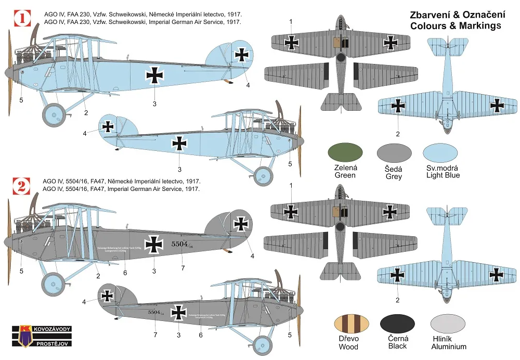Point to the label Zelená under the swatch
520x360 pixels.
(x=346, y=168)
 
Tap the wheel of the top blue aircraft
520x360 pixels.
(x=54, y=115)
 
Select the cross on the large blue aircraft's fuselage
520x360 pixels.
(x=154, y=76)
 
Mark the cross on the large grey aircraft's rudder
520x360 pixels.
(x=242, y=224)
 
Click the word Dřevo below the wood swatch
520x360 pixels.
(x=348, y=339)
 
